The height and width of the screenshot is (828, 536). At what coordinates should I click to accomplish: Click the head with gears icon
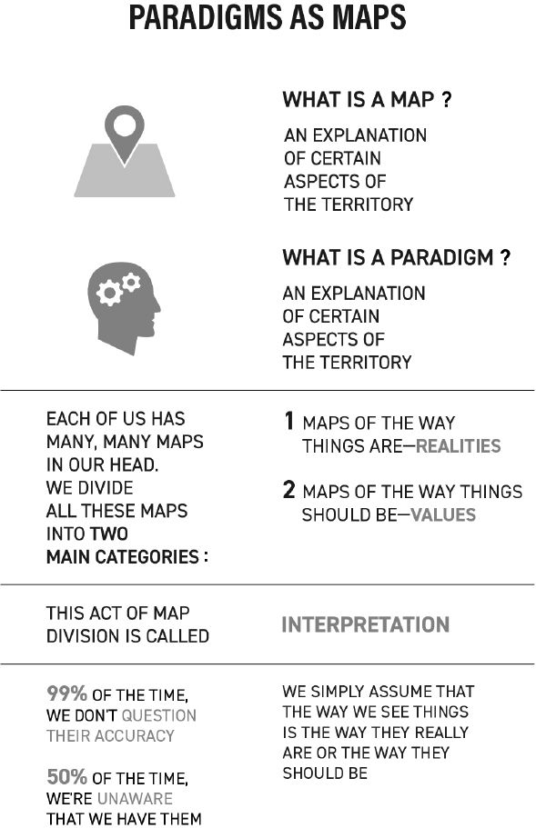[124, 308]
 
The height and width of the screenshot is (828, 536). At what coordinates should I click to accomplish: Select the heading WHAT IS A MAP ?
[367, 99]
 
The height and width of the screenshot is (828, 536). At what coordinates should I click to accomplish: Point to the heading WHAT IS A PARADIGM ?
[397, 257]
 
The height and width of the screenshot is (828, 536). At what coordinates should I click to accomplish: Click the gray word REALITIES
[459, 446]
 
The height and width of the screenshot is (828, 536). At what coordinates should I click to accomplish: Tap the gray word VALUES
[443, 514]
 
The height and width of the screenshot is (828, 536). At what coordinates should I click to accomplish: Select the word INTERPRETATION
[365, 624]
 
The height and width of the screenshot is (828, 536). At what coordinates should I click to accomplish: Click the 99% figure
[66, 693]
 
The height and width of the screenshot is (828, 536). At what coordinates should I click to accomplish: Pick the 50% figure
[66, 777]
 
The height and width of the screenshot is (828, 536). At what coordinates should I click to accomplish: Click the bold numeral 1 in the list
[288, 421]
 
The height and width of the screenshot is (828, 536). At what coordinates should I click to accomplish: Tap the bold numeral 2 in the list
[288, 490]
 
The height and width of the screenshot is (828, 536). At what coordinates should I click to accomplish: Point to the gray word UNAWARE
[135, 798]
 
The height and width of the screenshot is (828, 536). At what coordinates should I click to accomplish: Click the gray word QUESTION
[158, 715]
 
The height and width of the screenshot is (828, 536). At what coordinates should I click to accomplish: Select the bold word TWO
[109, 534]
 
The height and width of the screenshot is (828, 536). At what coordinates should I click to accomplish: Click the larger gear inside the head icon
[109, 293]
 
